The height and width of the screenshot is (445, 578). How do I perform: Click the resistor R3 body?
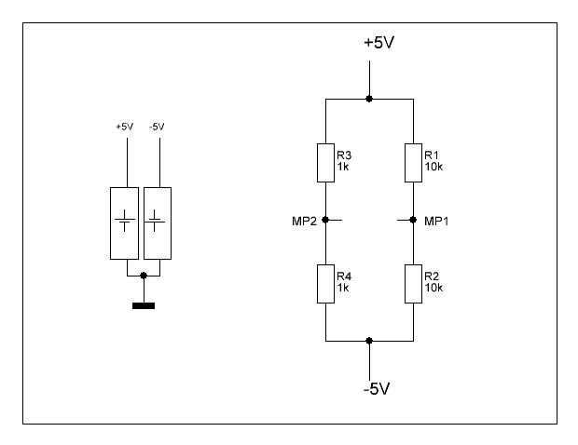click(x=326, y=163)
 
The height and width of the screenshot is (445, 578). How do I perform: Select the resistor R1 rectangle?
click(x=413, y=163)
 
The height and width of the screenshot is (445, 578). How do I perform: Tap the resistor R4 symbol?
click(x=326, y=284)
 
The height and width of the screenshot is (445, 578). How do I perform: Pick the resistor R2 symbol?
click(x=413, y=284)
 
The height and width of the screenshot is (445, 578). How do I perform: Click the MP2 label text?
click(x=304, y=222)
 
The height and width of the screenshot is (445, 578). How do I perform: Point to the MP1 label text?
click(x=436, y=222)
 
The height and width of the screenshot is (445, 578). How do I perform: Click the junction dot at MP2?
click(x=325, y=220)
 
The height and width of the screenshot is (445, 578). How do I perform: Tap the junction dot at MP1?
click(x=413, y=220)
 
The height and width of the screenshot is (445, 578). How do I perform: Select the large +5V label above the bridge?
click(x=378, y=43)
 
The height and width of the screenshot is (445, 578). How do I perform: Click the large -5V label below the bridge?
click(x=377, y=389)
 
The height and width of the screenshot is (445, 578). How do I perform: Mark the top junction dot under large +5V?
click(x=369, y=99)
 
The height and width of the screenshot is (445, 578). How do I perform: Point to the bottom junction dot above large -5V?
click(x=369, y=341)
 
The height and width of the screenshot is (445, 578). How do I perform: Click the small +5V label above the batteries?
click(x=125, y=127)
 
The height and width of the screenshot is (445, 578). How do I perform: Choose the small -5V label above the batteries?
click(x=157, y=127)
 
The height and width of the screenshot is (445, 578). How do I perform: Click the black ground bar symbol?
click(x=144, y=305)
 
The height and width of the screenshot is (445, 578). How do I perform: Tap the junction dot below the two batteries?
click(x=144, y=276)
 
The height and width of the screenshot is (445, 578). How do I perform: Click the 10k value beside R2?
click(x=433, y=288)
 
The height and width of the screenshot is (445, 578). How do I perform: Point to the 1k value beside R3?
click(x=343, y=167)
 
